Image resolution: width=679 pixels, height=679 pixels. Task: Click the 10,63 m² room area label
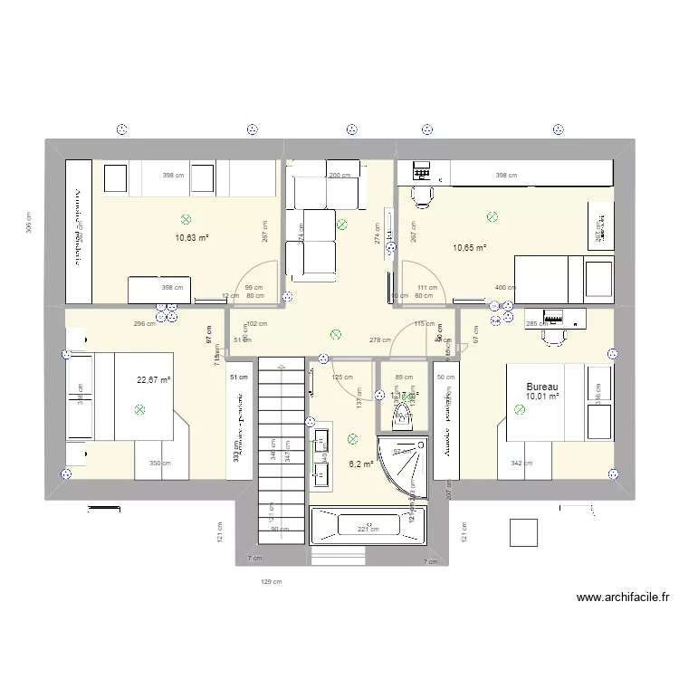click(x=192, y=238)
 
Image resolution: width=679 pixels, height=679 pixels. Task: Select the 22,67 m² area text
click(x=154, y=380)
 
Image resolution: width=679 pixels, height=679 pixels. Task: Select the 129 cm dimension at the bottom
click(x=271, y=582)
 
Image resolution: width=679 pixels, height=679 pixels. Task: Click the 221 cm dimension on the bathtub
click(x=367, y=530)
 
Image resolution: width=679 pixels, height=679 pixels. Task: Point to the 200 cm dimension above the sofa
click(x=339, y=176)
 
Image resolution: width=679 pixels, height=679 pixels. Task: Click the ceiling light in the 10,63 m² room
click(x=186, y=219)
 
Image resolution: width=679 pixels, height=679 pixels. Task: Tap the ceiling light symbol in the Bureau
click(x=520, y=410)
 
